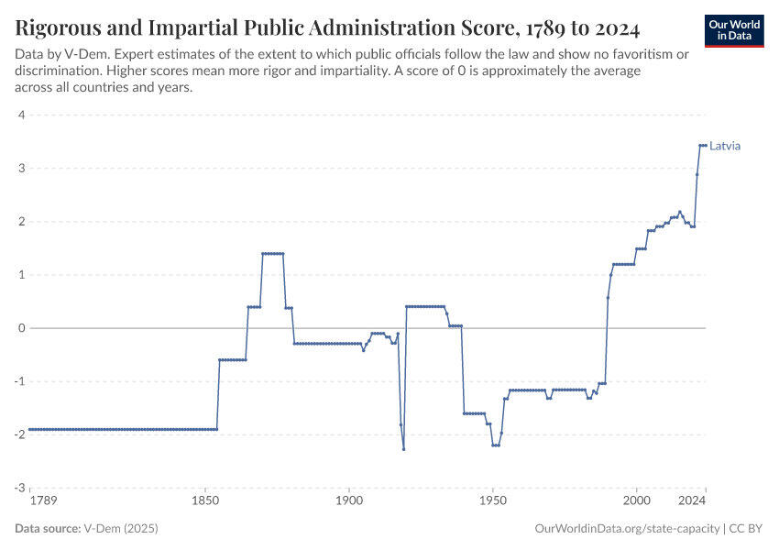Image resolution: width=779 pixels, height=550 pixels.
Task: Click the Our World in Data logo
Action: coord(733,30)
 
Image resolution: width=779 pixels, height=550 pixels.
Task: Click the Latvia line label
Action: coord(725,146)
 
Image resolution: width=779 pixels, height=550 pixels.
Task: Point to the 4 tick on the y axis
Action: coord(20,115)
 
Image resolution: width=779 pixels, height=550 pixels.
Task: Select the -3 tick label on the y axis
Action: coord(18,489)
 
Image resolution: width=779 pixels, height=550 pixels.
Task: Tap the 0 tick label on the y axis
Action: coord(20,328)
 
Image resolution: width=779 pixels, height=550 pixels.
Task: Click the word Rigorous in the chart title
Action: coord(61,27)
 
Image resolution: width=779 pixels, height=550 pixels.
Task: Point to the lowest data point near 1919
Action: coord(403,449)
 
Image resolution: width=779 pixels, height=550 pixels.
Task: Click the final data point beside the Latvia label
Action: coord(705,146)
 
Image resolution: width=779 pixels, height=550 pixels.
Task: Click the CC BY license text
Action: coord(746,529)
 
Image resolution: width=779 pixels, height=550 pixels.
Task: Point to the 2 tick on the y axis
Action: coord(20,222)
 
